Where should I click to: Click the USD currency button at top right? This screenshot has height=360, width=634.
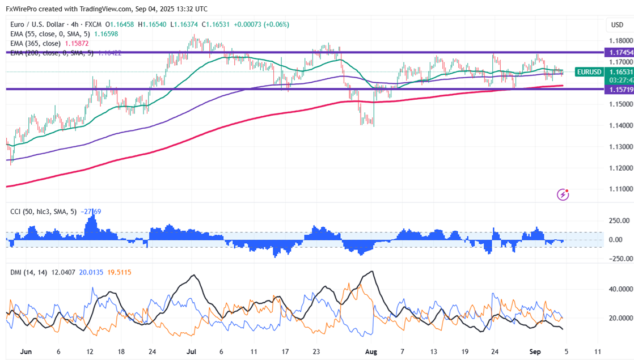point(616,25)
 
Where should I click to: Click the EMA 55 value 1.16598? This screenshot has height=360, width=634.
point(103,34)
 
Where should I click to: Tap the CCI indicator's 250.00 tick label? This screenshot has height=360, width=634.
point(617,221)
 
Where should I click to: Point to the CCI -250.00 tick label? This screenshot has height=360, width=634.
point(617,259)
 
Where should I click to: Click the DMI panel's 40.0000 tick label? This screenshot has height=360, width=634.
point(617,289)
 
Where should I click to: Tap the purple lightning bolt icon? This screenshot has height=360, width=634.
point(563,194)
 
